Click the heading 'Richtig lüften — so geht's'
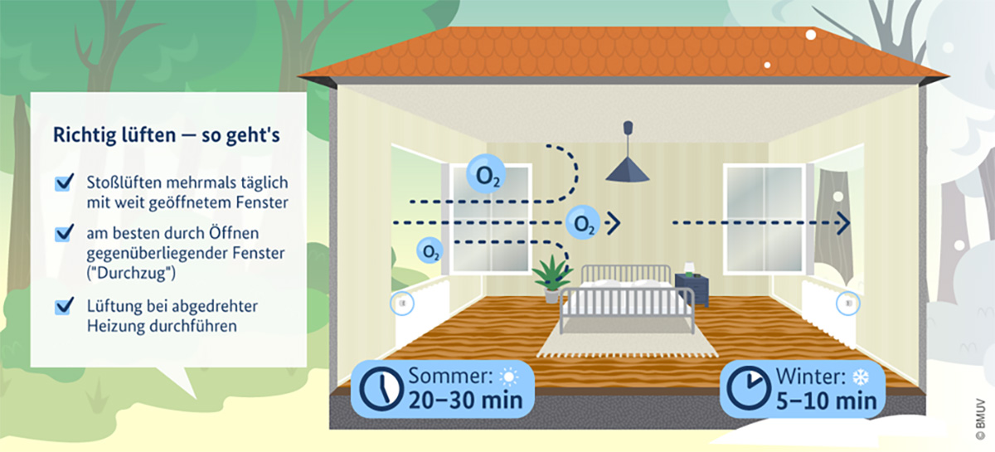[167, 134]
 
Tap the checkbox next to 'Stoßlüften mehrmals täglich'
[65, 182]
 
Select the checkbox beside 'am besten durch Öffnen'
[65, 233]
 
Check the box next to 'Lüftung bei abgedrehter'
[65, 306]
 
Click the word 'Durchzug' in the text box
[131, 273]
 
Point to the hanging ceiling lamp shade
[627, 171]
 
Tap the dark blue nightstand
[692, 289]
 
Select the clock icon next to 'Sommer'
[381, 388]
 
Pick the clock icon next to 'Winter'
[749, 388]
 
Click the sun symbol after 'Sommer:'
[508, 377]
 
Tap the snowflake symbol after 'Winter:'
[861, 377]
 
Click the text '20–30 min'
[465, 401]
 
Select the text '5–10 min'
[826, 401]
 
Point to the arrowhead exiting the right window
[843, 222]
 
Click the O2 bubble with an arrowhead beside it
[583, 222]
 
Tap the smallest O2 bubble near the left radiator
[430, 250]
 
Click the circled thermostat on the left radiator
[402, 303]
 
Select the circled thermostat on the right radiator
[848, 303]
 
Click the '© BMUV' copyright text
[980, 419]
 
